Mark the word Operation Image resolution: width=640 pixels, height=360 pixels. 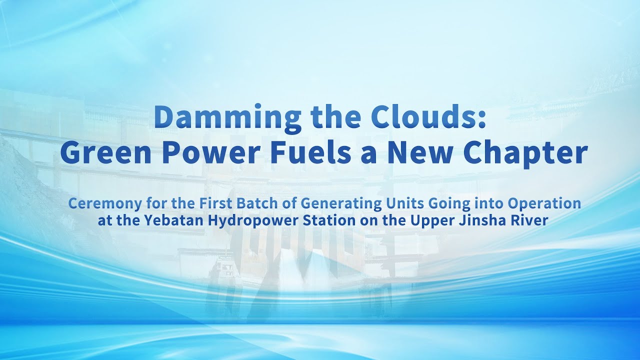click(545, 204)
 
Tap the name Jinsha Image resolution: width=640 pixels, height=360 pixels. click(482, 221)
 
